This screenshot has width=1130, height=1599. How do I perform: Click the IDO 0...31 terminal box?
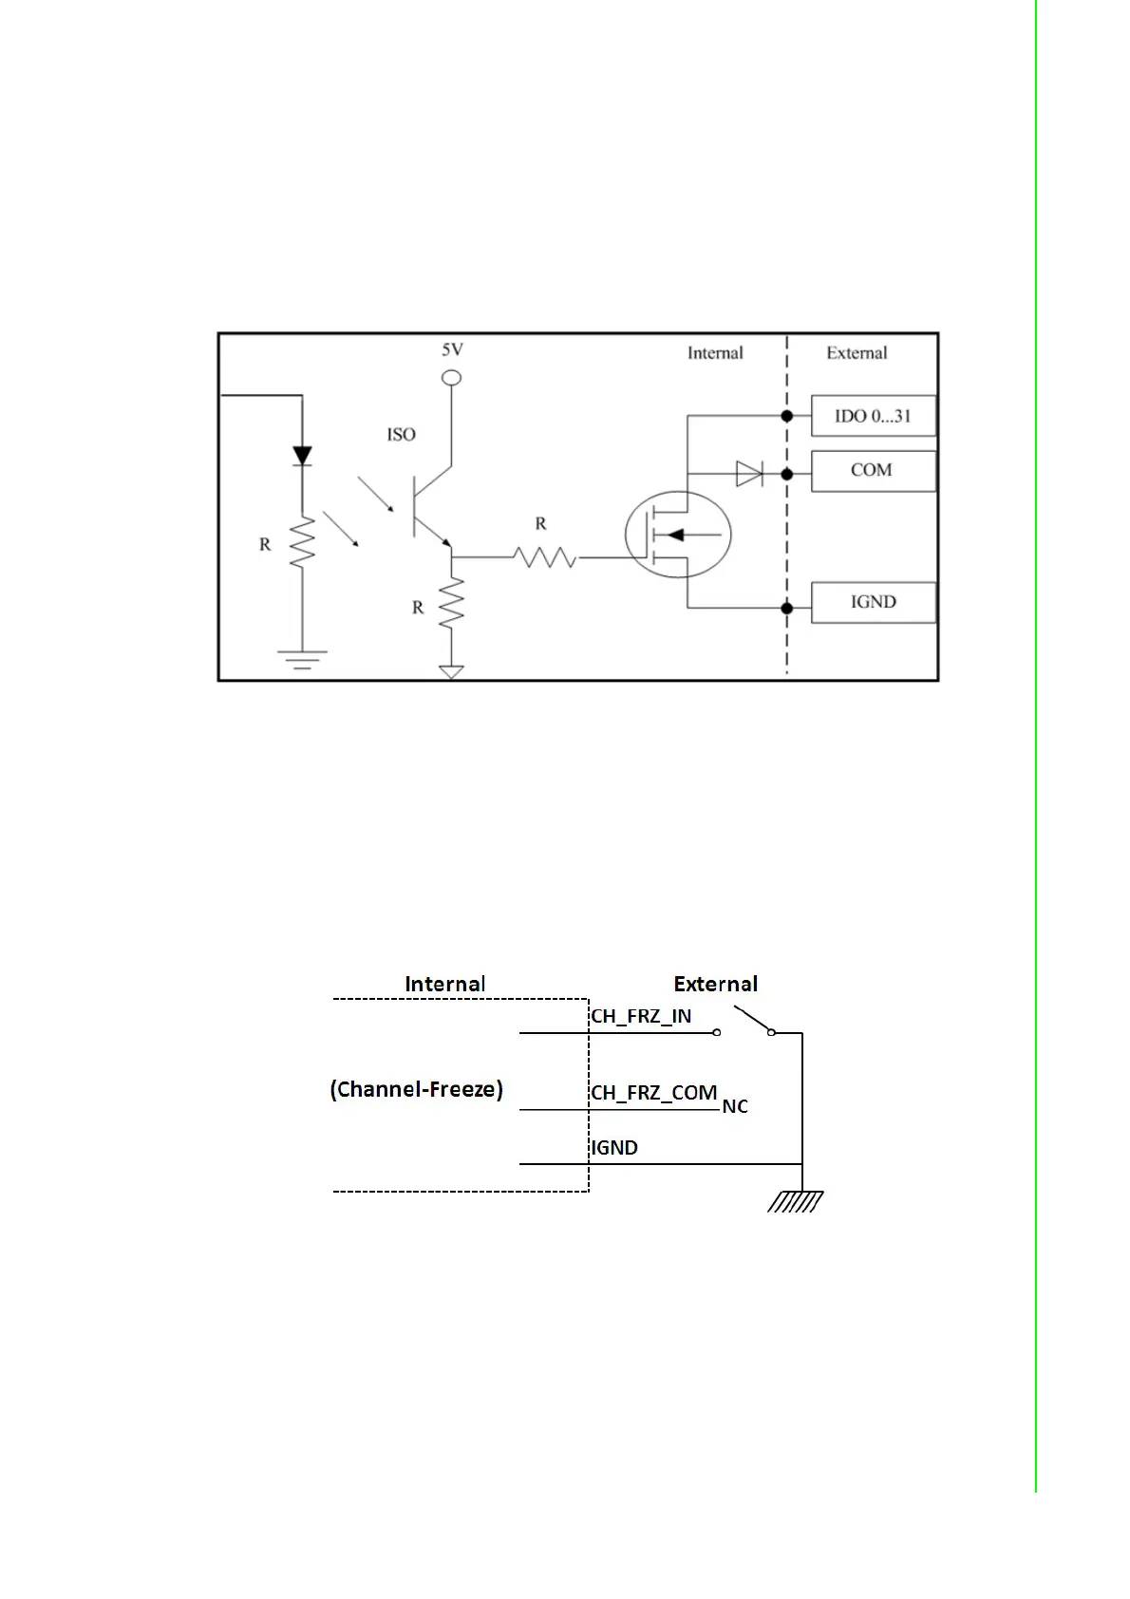(x=873, y=416)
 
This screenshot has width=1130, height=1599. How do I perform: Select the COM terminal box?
(x=873, y=471)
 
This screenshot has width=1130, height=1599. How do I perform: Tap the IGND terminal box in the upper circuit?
(x=873, y=602)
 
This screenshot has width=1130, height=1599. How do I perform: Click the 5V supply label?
(x=452, y=349)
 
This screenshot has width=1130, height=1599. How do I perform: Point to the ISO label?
(x=401, y=435)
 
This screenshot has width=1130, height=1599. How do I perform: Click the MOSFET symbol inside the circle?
(x=678, y=535)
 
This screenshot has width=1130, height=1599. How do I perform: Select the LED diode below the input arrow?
(x=302, y=457)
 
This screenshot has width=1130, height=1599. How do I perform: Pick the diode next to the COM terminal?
(x=749, y=473)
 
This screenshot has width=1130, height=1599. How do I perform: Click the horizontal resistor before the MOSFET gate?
(x=545, y=557)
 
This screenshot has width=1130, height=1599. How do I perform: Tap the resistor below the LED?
(x=302, y=543)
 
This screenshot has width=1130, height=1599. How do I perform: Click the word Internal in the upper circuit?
(x=715, y=353)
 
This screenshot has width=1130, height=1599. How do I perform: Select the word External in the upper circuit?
(x=857, y=353)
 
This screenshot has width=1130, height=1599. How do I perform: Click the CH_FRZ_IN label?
(x=641, y=1017)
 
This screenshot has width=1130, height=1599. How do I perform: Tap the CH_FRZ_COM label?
(x=653, y=1093)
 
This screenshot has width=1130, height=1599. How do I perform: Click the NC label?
(x=735, y=1107)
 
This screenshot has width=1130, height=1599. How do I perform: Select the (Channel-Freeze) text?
(x=416, y=1089)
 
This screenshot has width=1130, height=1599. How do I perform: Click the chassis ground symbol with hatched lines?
(x=796, y=1202)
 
